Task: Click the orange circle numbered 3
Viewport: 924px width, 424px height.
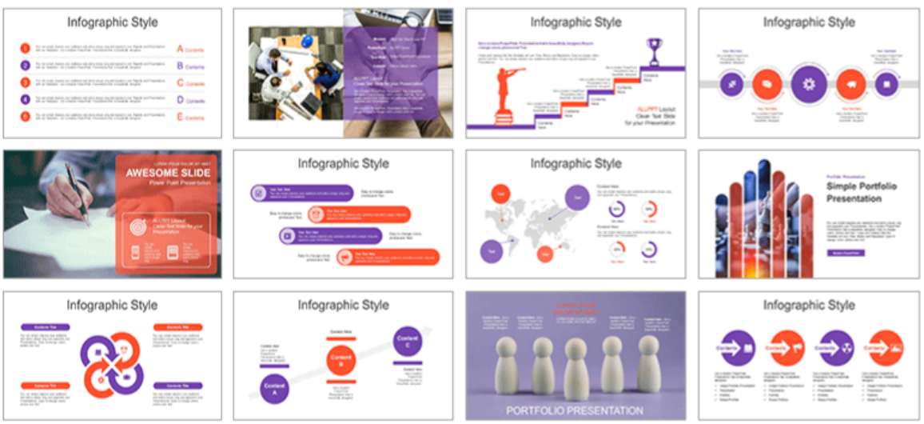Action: (26, 82)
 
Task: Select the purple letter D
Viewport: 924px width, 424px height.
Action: (180, 100)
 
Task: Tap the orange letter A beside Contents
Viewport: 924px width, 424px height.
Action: (180, 49)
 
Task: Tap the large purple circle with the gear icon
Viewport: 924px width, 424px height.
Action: (808, 83)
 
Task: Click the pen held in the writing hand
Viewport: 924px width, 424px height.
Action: (78, 192)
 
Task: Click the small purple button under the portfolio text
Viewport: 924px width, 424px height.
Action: (845, 253)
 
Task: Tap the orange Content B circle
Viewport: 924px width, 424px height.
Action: (340, 360)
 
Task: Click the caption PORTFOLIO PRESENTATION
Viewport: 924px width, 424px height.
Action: (575, 410)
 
